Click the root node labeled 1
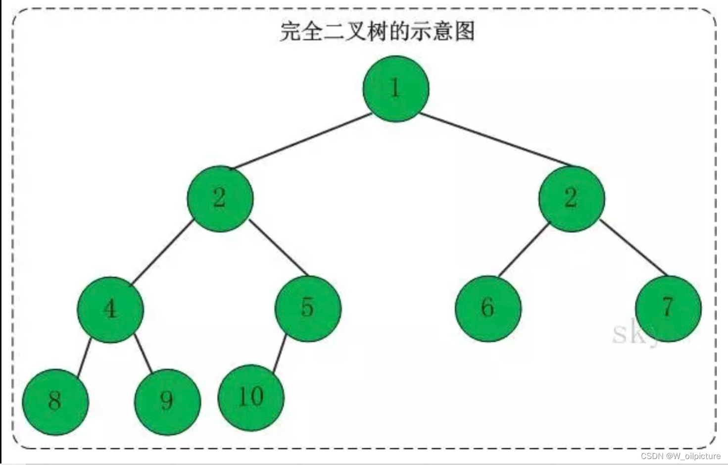(395, 89)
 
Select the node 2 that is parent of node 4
(220, 198)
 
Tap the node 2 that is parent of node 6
(571, 198)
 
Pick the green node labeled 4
(110, 309)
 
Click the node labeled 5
(308, 308)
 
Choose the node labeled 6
(488, 308)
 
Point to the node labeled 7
(668, 308)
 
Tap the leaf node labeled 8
(55, 401)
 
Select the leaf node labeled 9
(167, 401)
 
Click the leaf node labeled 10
(251, 397)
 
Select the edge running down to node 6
(524, 250)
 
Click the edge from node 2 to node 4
(161, 253)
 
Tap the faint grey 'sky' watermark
(636, 333)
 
